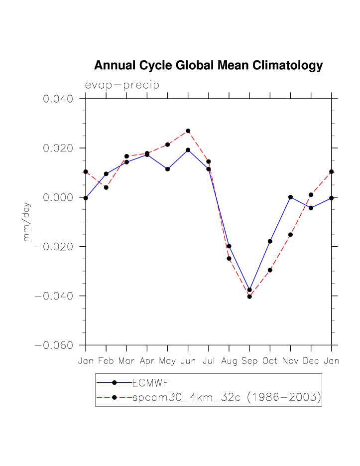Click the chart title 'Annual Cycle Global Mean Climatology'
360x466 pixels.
tap(208, 66)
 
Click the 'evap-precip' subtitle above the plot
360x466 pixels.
tap(122, 85)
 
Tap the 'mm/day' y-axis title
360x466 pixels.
tap(26, 222)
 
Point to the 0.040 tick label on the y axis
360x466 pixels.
tap(58, 99)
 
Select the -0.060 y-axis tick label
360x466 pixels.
tap(54, 345)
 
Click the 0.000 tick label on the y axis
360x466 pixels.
tap(58, 197)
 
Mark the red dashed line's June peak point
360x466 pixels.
tap(188, 131)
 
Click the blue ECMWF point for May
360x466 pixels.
tap(167, 169)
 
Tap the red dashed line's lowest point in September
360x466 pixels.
tap(249, 297)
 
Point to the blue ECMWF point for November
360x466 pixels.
tap(290, 197)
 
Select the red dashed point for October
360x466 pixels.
tap(270, 270)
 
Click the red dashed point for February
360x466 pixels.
tap(106, 187)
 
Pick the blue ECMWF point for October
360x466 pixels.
tap(270, 241)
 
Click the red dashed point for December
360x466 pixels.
tap(311, 195)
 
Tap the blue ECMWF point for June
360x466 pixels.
tap(188, 150)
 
